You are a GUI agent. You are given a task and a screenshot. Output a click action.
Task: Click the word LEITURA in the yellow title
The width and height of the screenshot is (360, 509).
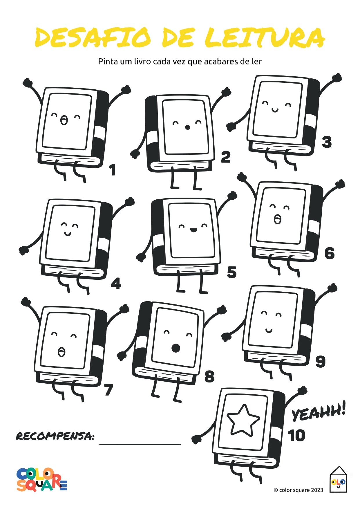[265, 38]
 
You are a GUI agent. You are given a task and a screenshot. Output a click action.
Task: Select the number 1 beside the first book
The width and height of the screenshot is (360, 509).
[113, 170]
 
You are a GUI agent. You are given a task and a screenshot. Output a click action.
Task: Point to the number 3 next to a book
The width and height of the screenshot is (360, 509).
[327, 142]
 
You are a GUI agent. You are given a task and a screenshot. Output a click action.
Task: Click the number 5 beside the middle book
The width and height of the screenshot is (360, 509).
[231, 272]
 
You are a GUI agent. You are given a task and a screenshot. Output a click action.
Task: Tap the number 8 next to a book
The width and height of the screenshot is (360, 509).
[209, 376]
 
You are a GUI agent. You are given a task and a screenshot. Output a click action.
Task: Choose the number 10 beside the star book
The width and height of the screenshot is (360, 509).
[296, 436]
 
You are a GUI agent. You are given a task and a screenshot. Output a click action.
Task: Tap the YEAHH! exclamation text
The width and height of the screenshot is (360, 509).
[319, 411]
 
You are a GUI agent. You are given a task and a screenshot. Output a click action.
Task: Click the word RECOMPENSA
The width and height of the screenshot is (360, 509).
[55, 436]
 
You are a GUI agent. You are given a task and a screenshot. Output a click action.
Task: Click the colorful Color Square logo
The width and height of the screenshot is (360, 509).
[41, 480]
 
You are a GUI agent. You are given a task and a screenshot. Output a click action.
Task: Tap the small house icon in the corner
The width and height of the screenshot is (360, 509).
[338, 479]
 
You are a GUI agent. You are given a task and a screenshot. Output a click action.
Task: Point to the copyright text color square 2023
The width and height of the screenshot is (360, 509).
[298, 490]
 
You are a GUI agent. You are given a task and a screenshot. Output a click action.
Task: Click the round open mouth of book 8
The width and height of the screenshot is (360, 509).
[176, 348]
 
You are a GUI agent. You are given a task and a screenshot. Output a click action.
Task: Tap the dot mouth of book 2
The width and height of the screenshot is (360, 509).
[187, 127]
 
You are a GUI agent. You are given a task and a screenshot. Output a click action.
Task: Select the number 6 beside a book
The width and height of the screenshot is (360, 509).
[330, 253]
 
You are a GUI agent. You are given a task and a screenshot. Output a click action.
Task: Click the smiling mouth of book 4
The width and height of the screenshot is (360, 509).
[68, 234]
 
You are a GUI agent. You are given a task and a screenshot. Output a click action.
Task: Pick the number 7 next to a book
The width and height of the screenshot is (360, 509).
[108, 389]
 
